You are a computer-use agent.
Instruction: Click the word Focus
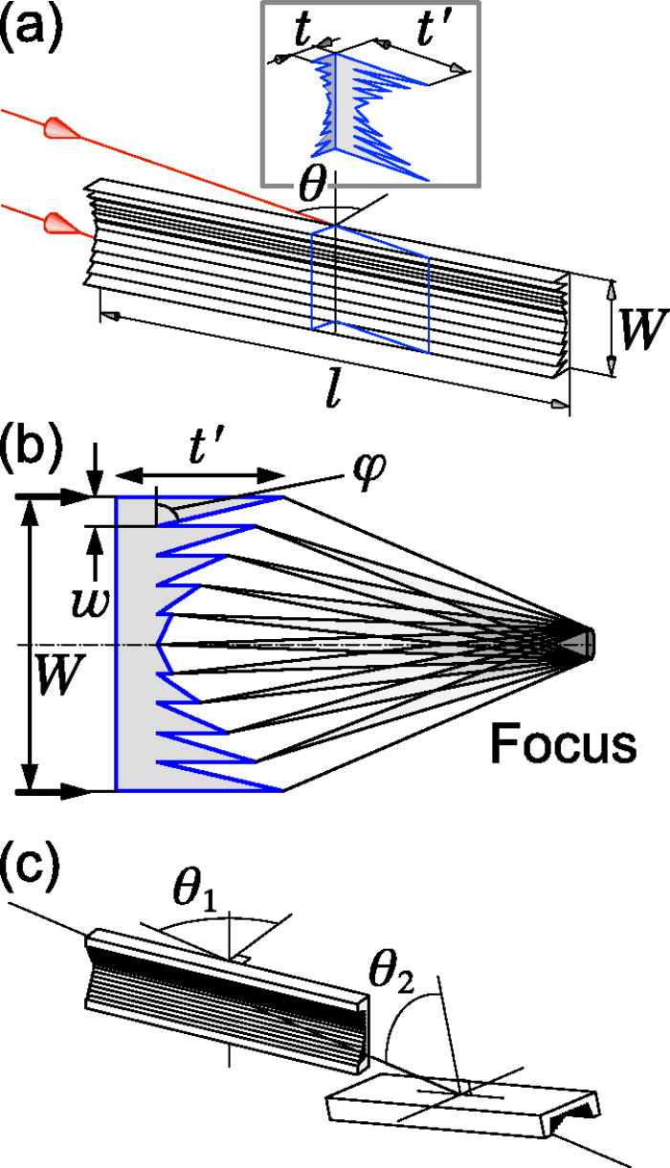pos(564,744)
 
